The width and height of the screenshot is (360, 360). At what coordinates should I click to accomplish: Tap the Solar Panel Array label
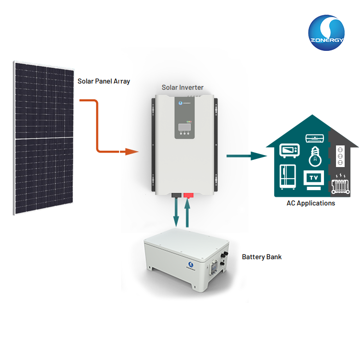click(104, 81)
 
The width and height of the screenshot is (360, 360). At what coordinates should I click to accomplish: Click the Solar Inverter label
click(182, 87)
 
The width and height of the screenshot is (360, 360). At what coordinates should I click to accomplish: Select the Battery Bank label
click(262, 257)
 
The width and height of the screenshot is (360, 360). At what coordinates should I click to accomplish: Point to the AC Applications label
click(311, 203)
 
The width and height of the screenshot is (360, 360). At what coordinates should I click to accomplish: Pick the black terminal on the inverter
click(176, 195)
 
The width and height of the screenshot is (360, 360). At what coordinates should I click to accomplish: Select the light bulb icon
click(315, 156)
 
